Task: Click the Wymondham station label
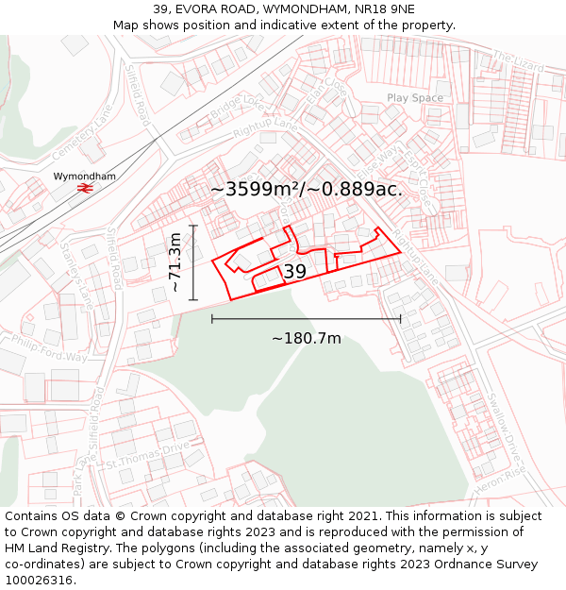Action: pos(84,177)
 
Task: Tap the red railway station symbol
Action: pos(84,189)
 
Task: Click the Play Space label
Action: pos(414,98)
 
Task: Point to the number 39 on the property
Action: pos(294,272)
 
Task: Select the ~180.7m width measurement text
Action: pos(307,338)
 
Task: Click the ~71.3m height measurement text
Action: pos(175,263)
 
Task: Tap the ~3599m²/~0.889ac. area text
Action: pos(306,189)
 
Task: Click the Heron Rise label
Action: pos(501,482)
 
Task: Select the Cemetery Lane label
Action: pos(82,132)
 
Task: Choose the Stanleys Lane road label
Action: pos(77,276)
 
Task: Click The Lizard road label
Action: pos(518,64)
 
